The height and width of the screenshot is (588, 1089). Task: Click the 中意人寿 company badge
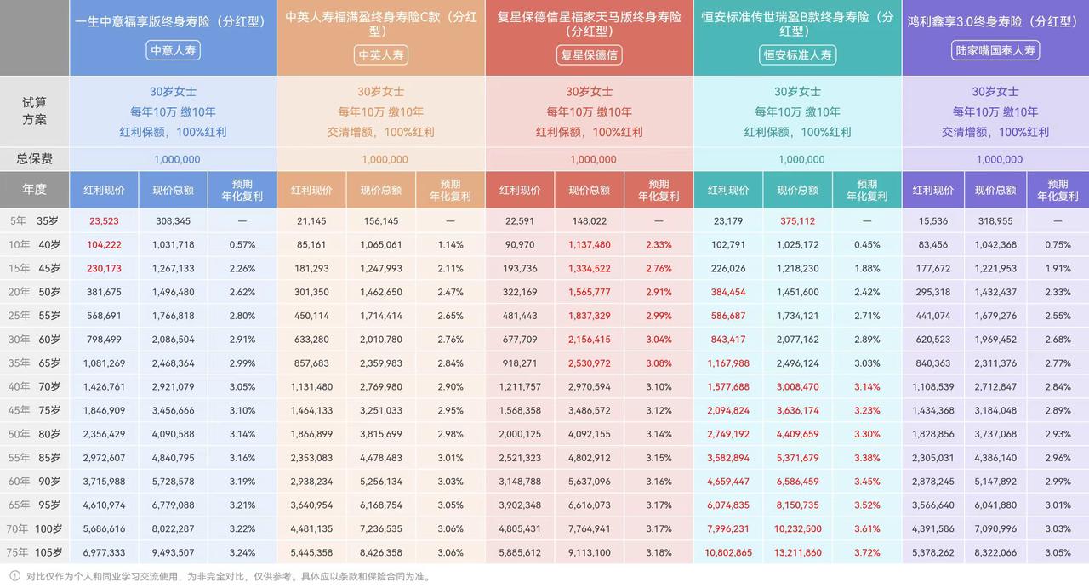click(x=174, y=51)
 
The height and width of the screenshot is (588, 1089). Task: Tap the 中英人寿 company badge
click(x=381, y=54)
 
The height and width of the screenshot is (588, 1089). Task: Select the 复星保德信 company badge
click(x=589, y=54)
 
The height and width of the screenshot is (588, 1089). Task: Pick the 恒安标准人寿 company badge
click(x=797, y=54)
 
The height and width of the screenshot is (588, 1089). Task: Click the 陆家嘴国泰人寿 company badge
click(x=995, y=51)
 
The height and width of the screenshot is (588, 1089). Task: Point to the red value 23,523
click(x=104, y=221)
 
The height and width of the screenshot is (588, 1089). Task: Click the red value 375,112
click(x=797, y=221)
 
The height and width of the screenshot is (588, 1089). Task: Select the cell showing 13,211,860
click(x=797, y=552)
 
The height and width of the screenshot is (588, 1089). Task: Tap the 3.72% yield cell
click(x=867, y=552)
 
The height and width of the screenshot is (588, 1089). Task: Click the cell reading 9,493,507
click(x=174, y=552)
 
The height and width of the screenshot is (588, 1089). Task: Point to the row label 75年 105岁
click(x=35, y=552)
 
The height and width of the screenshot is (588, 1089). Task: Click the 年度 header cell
click(x=35, y=190)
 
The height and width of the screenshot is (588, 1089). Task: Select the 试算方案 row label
click(x=35, y=111)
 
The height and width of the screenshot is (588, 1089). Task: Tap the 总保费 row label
click(x=35, y=159)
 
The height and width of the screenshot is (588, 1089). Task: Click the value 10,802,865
click(x=728, y=552)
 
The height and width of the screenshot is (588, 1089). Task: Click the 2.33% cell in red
click(x=659, y=245)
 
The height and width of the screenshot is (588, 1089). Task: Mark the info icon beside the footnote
click(x=14, y=576)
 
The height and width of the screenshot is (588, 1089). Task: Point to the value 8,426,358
click(x=381, y=552)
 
